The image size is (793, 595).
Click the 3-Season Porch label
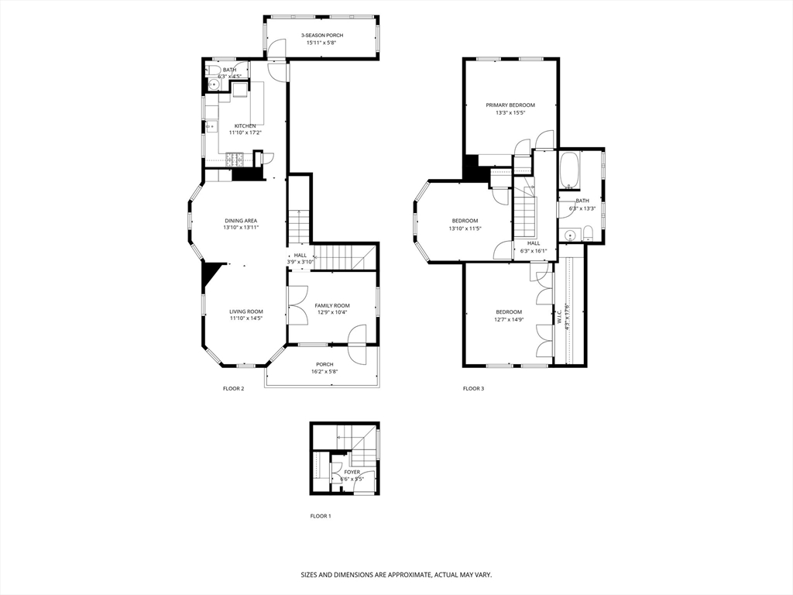(x=322, y=36)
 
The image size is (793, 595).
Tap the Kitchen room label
(x=245, y=126)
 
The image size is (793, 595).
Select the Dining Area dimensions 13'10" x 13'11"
(x=241, y=228)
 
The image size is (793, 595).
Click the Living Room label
(x=245, y=311)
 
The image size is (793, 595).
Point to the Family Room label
(x=332, y=305)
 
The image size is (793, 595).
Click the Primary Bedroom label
(x=510, y=105)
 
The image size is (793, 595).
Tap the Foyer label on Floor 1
(x=352, y=472)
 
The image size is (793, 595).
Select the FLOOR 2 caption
(x=233, y=388)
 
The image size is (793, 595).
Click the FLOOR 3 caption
(x=473, y=388)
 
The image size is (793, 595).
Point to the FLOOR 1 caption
(x=321, y=516)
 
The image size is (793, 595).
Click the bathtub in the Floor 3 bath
(x=569, y=171)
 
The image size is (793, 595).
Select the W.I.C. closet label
(x=558, y=316)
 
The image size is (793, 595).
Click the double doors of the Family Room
(x=297, y=304)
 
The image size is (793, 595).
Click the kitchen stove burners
(x=235, y=160)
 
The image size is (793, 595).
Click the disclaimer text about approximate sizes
(x=396, y=575)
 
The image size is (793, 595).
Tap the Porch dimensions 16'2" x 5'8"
(x=324, y=372)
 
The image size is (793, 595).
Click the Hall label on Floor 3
(x=534, y=242)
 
